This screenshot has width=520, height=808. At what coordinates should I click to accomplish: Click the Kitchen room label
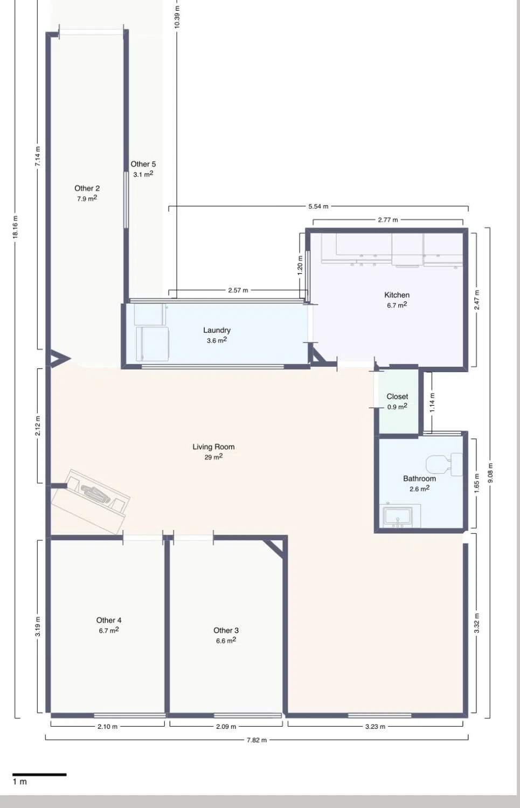coord(397,295)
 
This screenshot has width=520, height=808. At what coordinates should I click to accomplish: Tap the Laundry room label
coord(217,330)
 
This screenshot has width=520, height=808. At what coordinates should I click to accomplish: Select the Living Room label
coord(213,447)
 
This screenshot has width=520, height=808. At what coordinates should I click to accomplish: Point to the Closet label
coord(397,396)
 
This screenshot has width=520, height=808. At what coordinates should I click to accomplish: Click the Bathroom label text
coord(419,479)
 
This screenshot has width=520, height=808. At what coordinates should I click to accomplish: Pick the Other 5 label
coord(143,164)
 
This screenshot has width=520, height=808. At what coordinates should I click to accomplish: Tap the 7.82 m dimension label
coord(256,740)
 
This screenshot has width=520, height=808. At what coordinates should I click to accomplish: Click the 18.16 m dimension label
coord(15,227)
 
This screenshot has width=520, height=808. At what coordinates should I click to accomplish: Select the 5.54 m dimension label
coord(318,207)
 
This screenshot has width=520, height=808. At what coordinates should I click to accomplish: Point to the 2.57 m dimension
coord(238,290)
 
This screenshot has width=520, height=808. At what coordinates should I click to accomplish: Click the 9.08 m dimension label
coord(490,473)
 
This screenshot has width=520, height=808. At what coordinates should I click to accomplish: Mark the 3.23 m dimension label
coord(375,727)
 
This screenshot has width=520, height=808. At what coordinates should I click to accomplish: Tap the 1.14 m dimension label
coord(432,402)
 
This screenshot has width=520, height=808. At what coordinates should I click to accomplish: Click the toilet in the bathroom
coord(444,464)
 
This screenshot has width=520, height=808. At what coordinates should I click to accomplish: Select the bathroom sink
coord(399,517)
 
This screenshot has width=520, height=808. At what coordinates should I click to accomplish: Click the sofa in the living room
coord(90,501)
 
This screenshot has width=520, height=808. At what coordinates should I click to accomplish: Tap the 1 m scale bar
coord(39,775)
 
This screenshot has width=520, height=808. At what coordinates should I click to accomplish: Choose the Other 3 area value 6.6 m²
coord(226,640)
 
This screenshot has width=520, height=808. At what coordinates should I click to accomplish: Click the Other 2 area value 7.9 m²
coord(87,198)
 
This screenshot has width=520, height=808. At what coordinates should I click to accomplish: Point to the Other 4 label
coord(109,620)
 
